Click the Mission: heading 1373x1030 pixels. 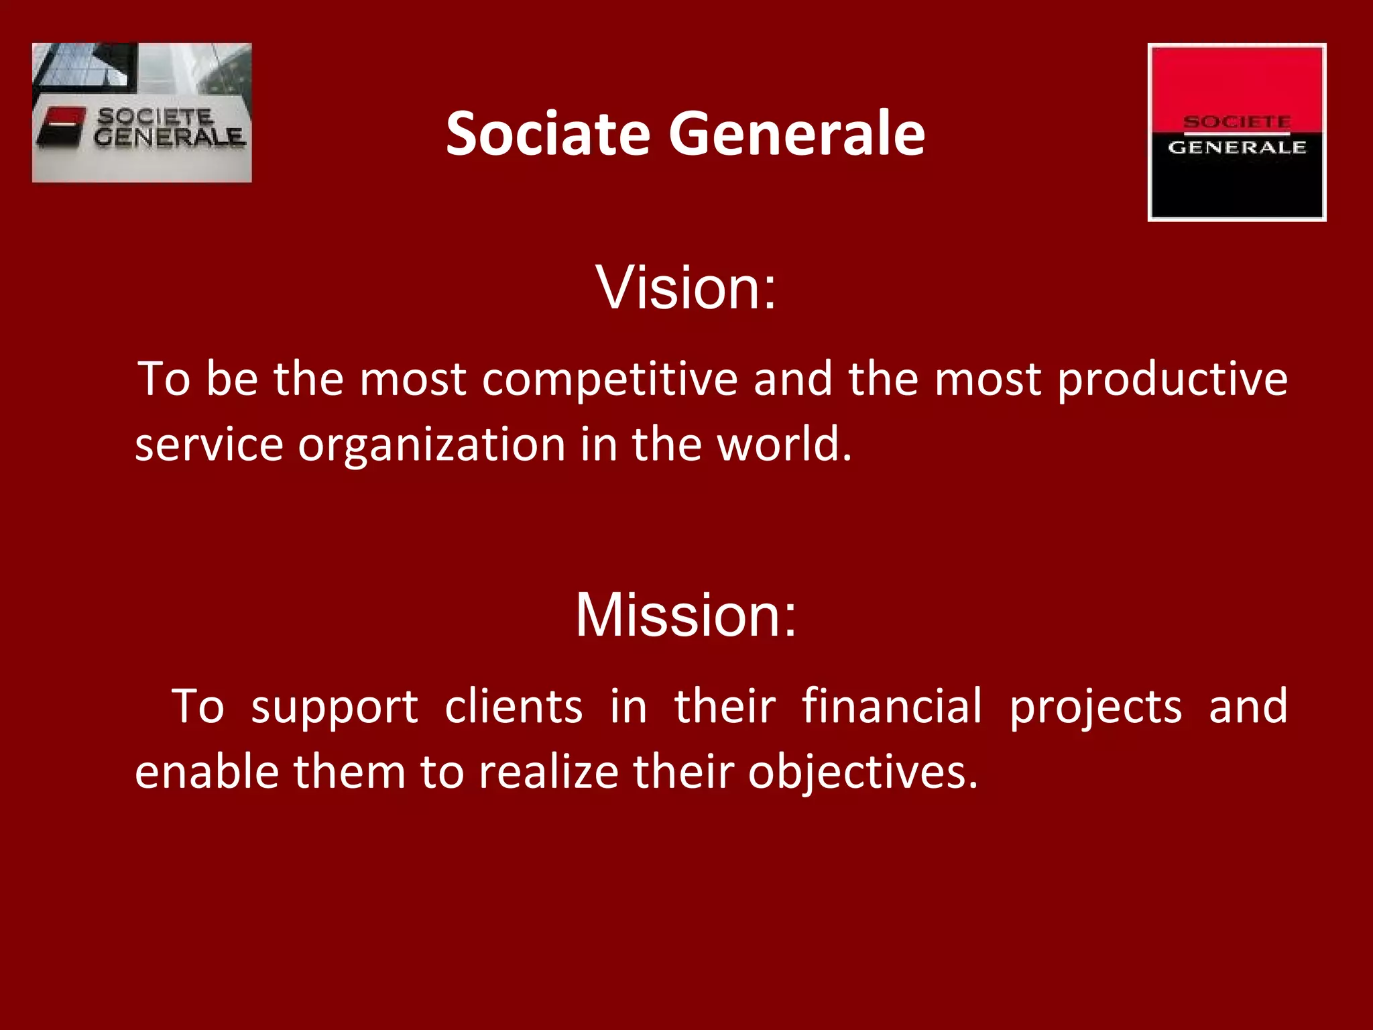pos(686,614)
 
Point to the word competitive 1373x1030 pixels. pos(609,380)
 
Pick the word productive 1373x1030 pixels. pos(1172,380)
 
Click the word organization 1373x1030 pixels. pos(432,445)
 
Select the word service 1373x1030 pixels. pos(209,445)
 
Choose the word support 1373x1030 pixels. pos(335,708)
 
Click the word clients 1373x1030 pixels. pos(514,707)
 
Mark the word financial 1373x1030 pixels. pos(892,707)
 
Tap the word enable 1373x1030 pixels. pos(206,772)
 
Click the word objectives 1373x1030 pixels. pos(862,773)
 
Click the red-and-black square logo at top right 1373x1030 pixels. pos(1236,132)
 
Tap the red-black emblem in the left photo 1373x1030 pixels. pos(62,126)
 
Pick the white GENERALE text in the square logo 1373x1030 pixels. pos(1237,148)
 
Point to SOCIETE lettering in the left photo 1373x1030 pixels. pos(156,117)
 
